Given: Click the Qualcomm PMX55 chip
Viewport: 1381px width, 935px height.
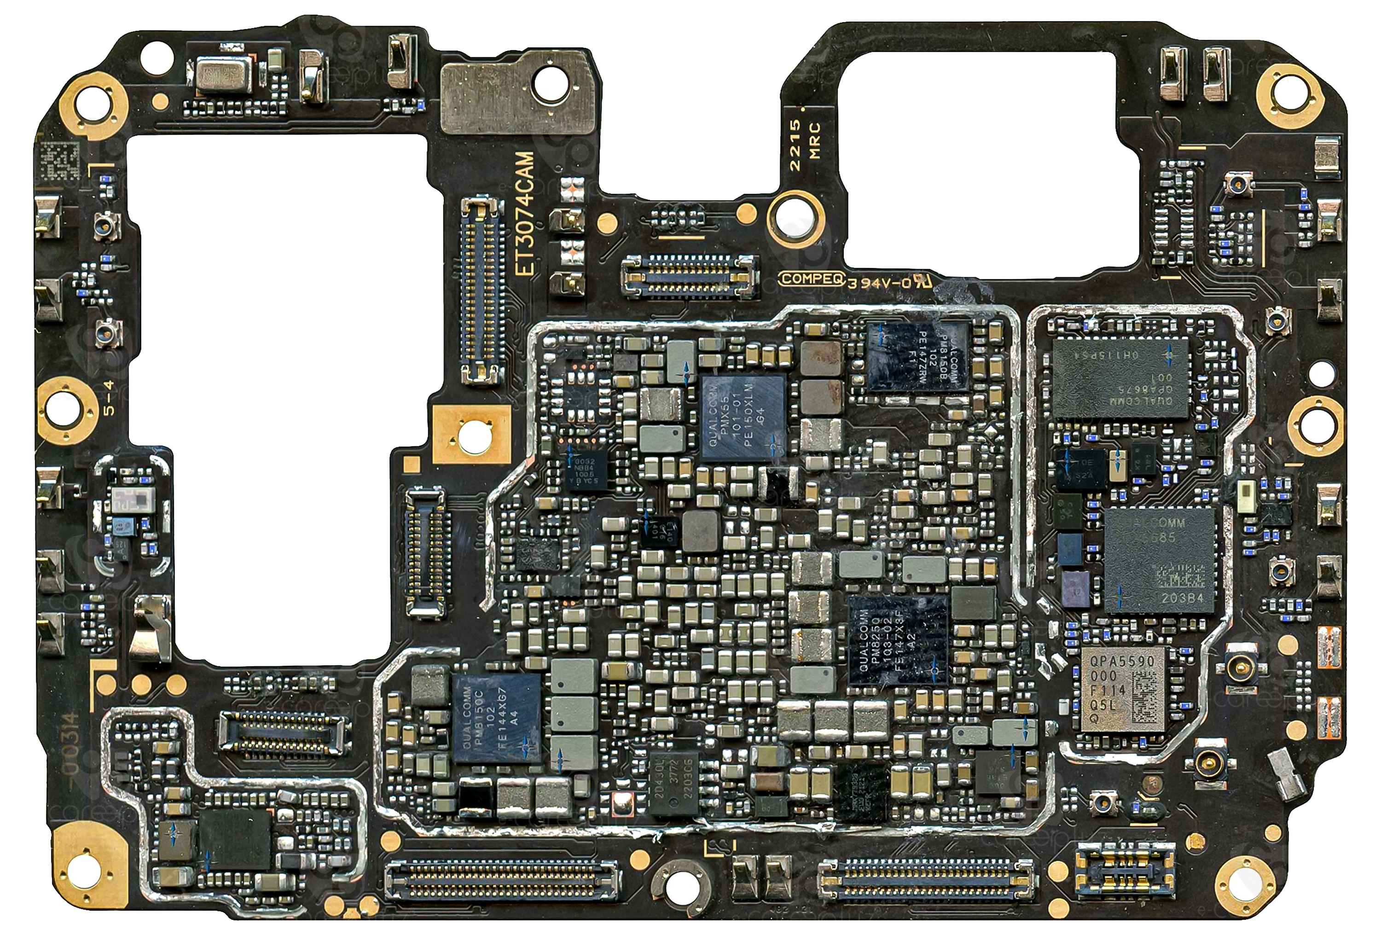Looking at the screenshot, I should pyautogui.click(x=743, y=418).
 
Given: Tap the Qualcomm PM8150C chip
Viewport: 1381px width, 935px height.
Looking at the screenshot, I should pyautogui.click(x=497, y=718).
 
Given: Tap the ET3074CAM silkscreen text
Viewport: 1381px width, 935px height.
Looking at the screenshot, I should pyautogui.click(x=525, y=214).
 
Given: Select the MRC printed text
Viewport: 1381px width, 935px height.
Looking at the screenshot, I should pyautogui.click(x=815, y=140).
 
